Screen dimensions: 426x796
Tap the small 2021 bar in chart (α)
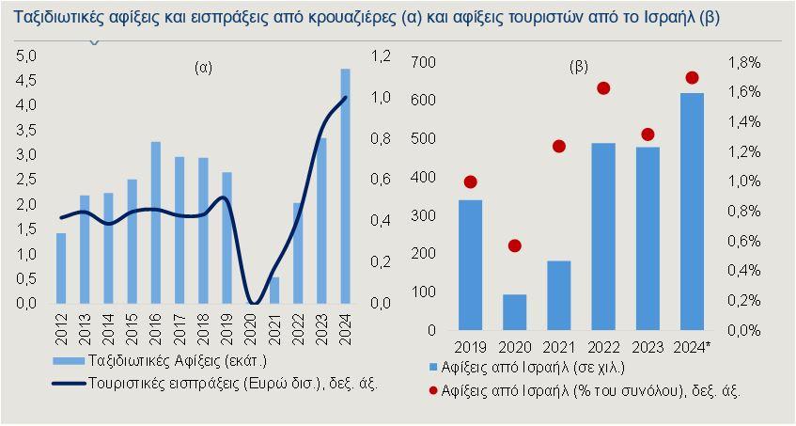tap(274, 291)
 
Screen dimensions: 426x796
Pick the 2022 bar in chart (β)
tap(603, 237)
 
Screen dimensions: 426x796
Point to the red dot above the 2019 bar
tap(471, 181)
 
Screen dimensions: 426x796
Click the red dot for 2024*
tap(693, 77)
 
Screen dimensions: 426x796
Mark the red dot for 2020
tap(515, 245)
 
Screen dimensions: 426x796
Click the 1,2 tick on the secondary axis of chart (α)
tap(380, 55)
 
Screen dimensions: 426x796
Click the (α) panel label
tap(204, 68)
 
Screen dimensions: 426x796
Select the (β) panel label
tap(580, 68)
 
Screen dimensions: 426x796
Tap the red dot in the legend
tap(433, 389)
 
